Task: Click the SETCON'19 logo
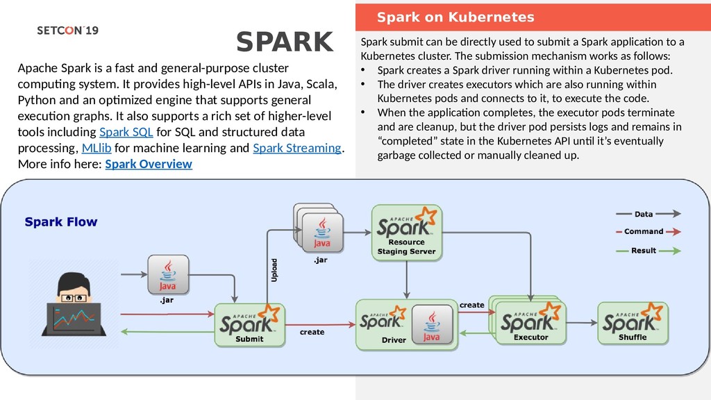(x=67, y=31)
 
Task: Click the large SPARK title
(x=285, y=42)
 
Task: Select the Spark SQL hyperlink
(x=126, y=132)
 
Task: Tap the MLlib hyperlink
(x=97, y=148)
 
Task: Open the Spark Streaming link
(x=297, y=148)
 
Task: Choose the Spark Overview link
(x=149, y=164)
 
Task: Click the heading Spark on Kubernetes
(x=455, y=17)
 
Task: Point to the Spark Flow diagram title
(x=61, y=222)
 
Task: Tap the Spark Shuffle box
(x=633, y=323)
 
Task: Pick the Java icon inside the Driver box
(x=431, y=325)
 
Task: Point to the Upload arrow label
(x=274, y=270)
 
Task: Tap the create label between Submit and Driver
(x=312, y=332)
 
